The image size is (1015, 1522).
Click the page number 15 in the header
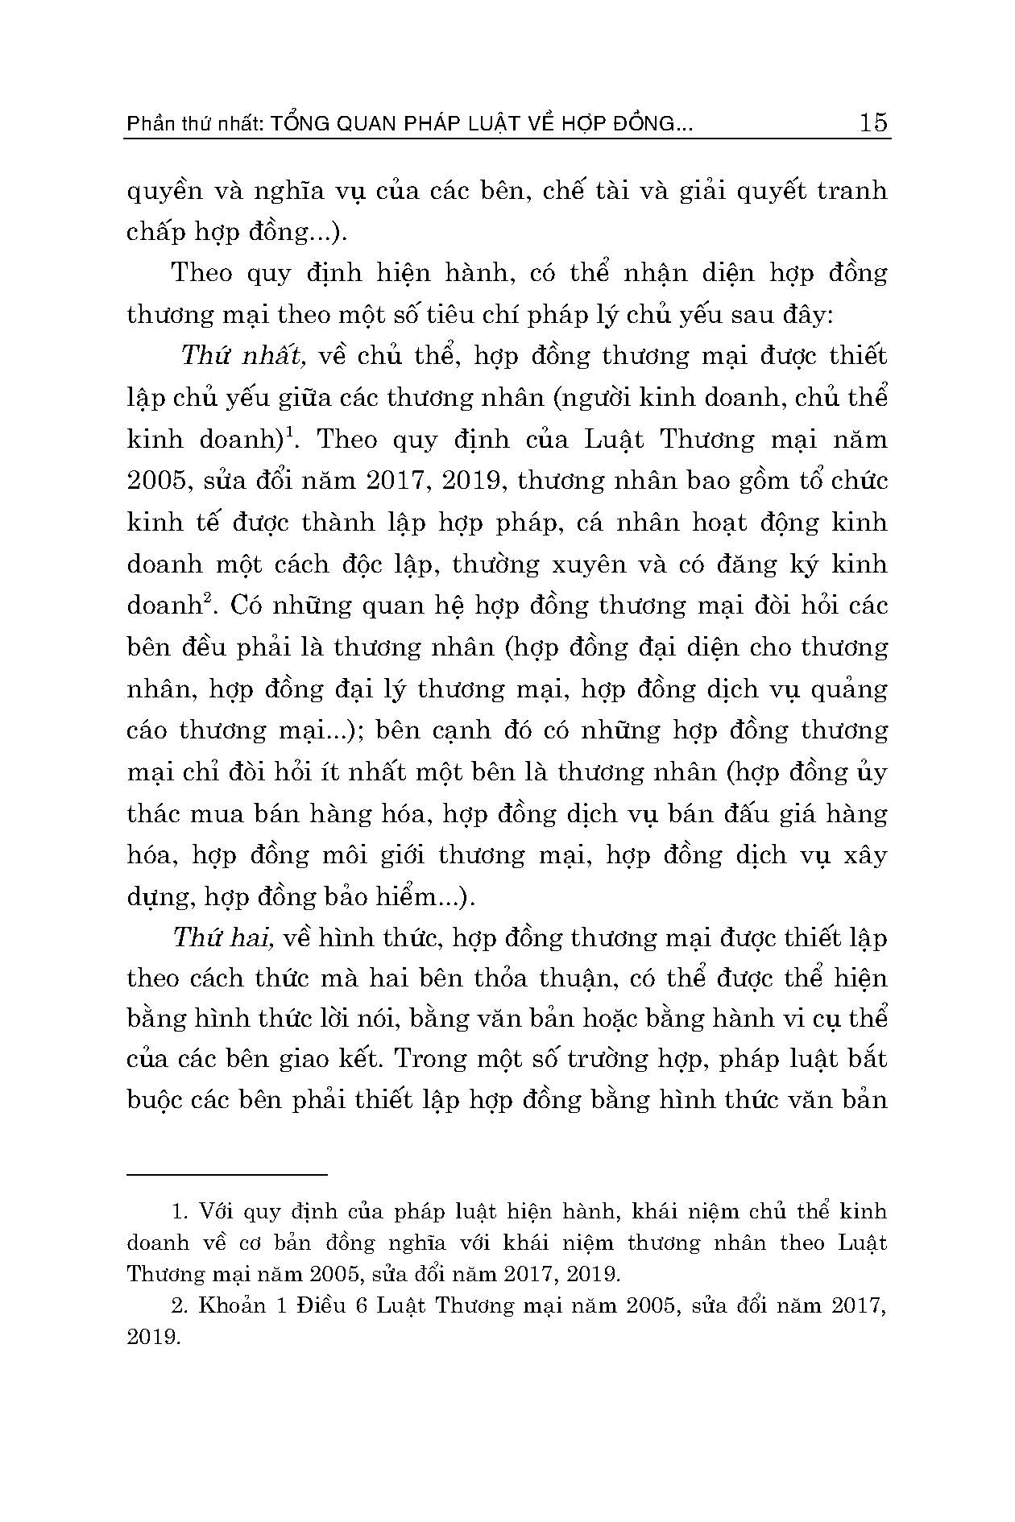[873, 122]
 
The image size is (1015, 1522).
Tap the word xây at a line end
[864, 855]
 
